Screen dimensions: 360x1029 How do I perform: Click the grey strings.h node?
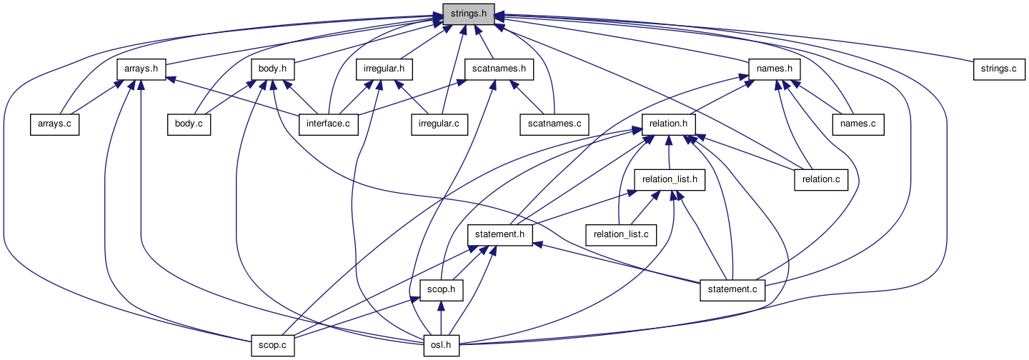469,14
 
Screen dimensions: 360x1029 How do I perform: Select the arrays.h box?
141,69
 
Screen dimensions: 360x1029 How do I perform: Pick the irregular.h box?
384,69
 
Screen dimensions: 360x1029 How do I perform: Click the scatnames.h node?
499,69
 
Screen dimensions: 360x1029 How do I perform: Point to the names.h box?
774,69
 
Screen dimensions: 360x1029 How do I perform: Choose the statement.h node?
500,234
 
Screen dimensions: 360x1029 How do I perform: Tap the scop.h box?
442,290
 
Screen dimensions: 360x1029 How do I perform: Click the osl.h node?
441,346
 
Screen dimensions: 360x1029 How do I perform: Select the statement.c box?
732,290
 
